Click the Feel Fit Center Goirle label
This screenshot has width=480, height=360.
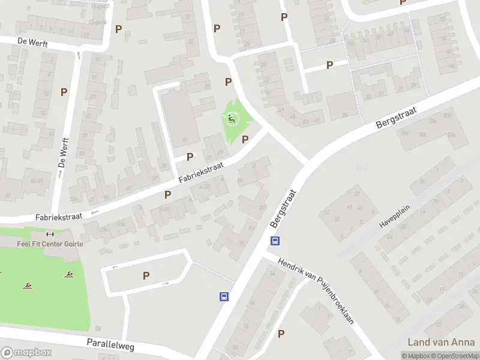pyautogui.click(x=50, y=244)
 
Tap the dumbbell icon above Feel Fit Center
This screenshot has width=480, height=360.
pyautogui.click(x=50, y=235)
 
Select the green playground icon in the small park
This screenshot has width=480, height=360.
pyautogui.click(x=232, y=119)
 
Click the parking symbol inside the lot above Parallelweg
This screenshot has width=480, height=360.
pyautogui.click(x=146, y=275)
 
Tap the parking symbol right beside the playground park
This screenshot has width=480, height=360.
pyautogui.click(x=245, y=140)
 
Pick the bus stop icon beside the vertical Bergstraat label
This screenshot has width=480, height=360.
pyautogui.click(x=275, y=241)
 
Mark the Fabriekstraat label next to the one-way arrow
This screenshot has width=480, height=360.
pyautogui.click(x=58, y=217)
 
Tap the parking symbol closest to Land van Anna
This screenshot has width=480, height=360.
pyautogui.click(x=281, y=334)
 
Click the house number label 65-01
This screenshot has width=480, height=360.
pyautogui.click(x=37, y=180)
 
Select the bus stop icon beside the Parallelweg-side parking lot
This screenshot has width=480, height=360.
pyautogui.click(x=223, y=296)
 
